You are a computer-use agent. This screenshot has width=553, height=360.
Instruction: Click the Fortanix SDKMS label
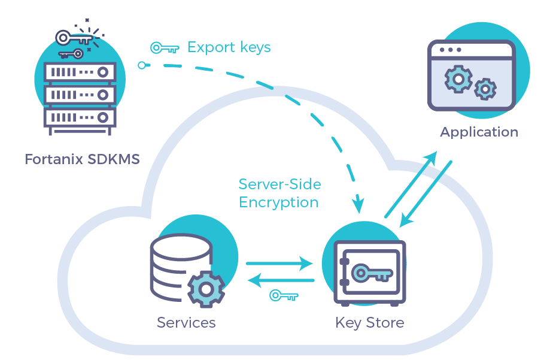click(x=82, y=159)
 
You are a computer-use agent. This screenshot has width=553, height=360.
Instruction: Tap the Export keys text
click(x=229, y=47)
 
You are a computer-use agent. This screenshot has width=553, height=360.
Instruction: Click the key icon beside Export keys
click(x=165, y=48)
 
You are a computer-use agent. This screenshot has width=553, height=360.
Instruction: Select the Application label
click(x=479, y=132)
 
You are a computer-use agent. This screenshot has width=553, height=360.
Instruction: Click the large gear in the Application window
click(x=458, y=79)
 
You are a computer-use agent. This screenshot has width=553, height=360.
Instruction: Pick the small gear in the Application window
click(x=485, y=89)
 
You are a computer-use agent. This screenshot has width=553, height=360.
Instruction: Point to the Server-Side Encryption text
click(x=279, y=193)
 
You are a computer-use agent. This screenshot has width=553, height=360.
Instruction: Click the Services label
click(x=186, y=323)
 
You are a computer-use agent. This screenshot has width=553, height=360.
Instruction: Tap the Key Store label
click(x=369, y=323)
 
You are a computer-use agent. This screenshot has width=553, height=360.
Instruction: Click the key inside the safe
click(x=372, y=273)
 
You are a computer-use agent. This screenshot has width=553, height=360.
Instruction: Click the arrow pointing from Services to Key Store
click(x=279, y=263)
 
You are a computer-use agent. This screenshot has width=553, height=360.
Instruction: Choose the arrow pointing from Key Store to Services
click(x=281, y=280)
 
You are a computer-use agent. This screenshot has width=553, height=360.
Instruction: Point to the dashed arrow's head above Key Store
click(x=358, y=204)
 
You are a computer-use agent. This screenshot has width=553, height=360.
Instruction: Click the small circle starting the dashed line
click(x=142, y=65)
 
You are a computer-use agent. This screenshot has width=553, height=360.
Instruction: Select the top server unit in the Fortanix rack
click(x=80, y=72)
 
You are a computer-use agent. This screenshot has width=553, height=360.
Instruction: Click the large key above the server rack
click(x=74, y=38)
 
